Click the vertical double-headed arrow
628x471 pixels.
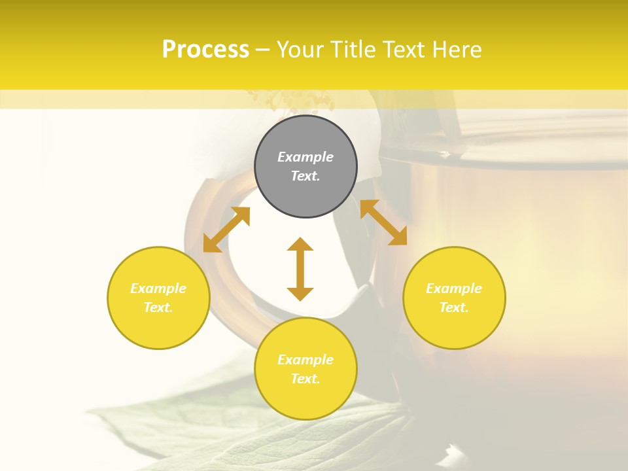[300, 269]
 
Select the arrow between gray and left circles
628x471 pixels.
[226, 229]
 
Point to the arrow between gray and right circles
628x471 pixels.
[383, 222]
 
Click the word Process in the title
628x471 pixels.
[205, 50]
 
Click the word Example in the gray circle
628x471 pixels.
[305, 157]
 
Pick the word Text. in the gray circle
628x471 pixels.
[305, 176]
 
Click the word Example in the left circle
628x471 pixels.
[158, 288]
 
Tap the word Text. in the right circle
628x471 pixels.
[454, 307]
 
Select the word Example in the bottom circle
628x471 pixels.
[305, 360]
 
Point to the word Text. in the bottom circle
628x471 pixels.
[305, 379]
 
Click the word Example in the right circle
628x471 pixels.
[454, 288]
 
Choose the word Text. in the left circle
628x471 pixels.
[158, 307]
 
